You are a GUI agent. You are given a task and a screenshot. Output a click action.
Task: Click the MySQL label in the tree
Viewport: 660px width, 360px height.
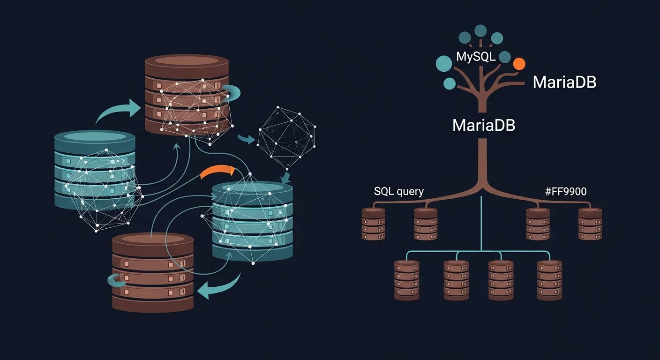coord(476,58)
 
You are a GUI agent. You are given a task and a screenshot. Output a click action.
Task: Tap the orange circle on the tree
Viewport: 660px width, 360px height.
coord(519,64)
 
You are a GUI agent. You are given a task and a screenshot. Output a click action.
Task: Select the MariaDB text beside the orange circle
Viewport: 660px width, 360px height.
coord(564,82)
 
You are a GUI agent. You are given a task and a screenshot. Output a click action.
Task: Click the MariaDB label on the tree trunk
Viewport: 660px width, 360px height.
coord(484,125)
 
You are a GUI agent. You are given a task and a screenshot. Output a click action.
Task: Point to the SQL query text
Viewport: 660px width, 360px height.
coord(399,191)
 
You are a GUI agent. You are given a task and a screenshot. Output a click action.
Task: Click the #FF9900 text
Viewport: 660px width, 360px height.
coord(566,191)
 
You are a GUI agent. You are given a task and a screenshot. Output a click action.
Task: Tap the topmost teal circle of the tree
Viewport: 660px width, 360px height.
coord(480,30)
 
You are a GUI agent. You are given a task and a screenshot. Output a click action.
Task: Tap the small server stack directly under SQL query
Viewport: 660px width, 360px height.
coord(374,224)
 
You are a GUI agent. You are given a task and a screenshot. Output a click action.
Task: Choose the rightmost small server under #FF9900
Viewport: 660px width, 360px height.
coord(590,224)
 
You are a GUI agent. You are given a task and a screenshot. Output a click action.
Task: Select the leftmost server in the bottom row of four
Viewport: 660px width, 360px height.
coord(406,280)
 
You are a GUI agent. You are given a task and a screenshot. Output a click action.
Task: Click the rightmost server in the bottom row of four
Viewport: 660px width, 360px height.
coord(549,280)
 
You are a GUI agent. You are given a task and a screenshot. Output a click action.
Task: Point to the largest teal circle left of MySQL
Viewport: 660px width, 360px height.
coord(444,63)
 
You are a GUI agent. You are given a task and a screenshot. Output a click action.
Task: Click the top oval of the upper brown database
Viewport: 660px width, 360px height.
coord(187,62)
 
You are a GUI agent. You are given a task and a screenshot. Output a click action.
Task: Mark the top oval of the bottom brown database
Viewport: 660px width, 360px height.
coord(153,239)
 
